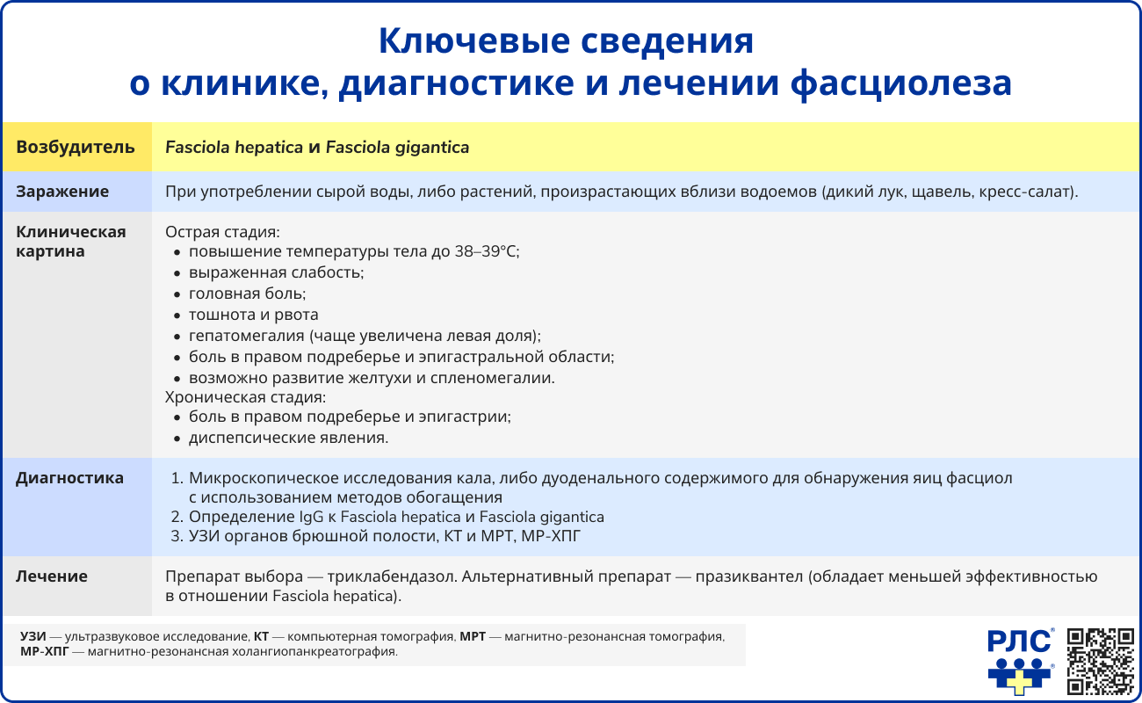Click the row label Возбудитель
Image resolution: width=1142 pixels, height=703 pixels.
(x=76, y=148)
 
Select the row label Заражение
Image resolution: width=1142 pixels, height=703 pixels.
(x=62, y=192)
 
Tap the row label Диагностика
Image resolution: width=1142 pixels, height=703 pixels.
(x=69, y=479)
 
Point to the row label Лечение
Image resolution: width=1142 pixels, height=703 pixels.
(x=52, y=576)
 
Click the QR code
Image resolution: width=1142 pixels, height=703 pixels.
(x=1100, y=661)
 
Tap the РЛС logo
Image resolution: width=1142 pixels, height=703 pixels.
(x=1020, y=661)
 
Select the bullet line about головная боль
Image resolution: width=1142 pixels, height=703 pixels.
(x=247, y=294)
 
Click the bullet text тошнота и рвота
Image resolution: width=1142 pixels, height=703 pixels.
(x=253, y=315)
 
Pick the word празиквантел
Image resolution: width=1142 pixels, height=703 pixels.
(x=750, y=577)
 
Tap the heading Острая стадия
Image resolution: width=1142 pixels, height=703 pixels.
(x=222, y=233)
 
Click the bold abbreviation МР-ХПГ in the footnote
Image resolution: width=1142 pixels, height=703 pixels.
(x=43, y=652)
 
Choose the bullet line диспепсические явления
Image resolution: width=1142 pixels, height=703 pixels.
(x=288, y=438)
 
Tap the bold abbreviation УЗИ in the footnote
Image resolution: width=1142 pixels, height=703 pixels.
(x=33, y=636)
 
